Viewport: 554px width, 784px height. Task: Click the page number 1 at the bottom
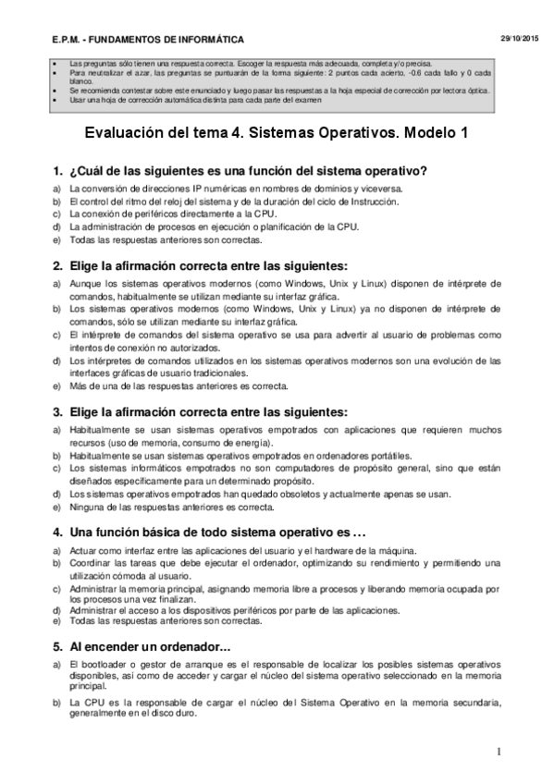pyautogui.click(x=499, y=751)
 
